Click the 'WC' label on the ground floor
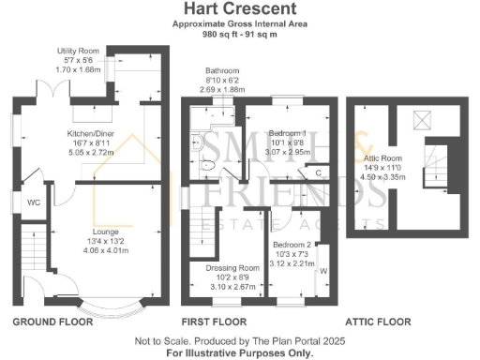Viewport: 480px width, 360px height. [x=33, y=202]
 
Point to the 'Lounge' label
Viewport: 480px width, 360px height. [x=104, y=230]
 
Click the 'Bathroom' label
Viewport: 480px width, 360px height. [x=223, y=71]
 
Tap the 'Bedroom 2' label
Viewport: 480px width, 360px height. [x=288, y=244]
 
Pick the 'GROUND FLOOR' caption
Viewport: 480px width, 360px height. [x=52, y=322]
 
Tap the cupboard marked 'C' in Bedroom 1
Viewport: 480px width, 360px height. [x=319, y=172]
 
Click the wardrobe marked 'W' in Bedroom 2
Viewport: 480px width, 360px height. [x=323, y=272]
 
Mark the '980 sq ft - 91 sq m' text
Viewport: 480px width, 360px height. [x=239, y=35]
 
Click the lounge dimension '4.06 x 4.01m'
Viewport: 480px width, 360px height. [x=104, y=250]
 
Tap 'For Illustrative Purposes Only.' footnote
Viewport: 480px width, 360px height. [x=239, y=353]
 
